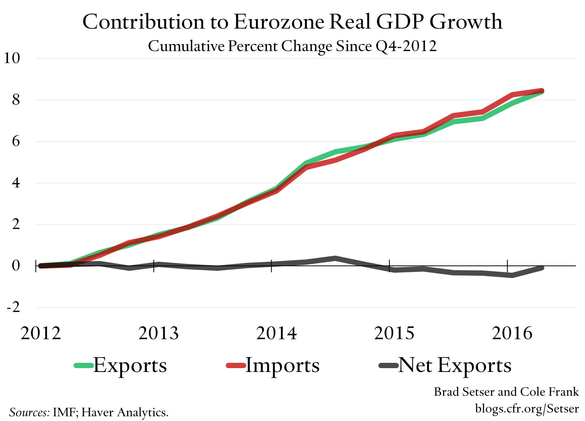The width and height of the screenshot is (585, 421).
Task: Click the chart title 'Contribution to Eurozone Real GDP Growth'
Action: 292,22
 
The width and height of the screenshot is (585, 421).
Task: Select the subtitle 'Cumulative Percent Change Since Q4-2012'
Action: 292,46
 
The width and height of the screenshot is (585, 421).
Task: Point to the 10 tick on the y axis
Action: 11,58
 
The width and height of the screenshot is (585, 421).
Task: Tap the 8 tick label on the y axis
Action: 16,100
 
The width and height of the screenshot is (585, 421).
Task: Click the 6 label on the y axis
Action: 16,141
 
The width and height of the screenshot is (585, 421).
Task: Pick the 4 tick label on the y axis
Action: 16,183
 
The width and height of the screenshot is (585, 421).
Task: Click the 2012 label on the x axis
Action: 41,333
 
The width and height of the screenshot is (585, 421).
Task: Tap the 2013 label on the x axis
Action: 158,333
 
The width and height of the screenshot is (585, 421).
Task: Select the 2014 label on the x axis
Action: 276,333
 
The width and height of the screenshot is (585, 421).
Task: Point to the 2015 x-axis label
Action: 394,333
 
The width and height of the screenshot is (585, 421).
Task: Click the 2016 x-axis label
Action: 512,333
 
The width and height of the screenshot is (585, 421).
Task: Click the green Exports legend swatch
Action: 83,365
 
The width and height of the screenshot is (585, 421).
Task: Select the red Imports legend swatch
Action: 236,365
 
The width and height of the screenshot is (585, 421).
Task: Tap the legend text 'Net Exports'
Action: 454,365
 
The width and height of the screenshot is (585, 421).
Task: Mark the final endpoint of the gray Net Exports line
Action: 541,268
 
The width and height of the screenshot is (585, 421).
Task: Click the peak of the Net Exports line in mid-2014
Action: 335,258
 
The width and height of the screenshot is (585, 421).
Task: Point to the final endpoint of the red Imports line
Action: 541,91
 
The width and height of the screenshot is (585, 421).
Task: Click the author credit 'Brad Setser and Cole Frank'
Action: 506,392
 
